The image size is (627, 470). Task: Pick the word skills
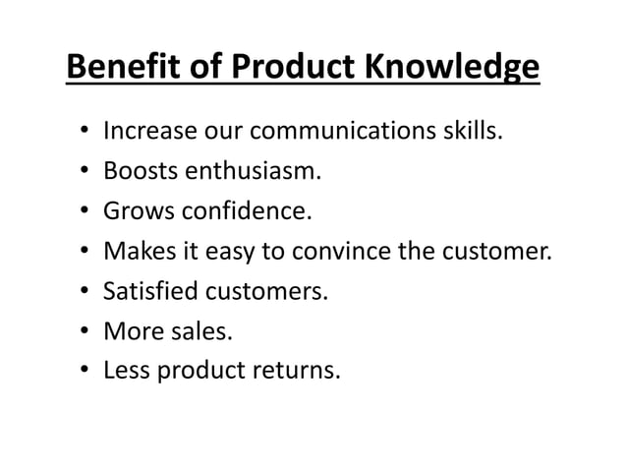[472, 131]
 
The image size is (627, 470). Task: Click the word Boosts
[137, 171]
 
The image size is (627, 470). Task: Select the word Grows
[135, 211]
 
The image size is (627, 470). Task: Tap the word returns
[298, 373]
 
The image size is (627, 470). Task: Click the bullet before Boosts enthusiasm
[85, 172]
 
